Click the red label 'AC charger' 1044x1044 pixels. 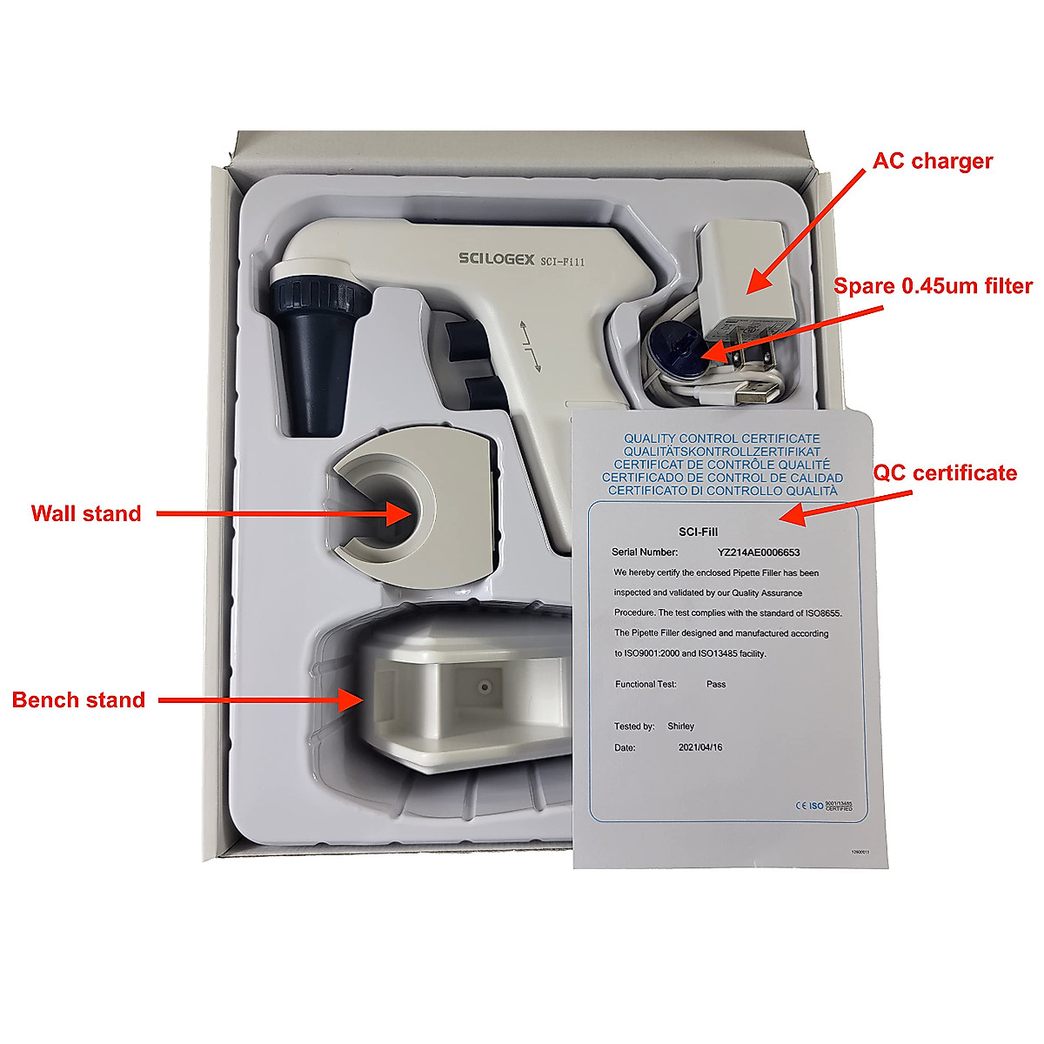point(933,161)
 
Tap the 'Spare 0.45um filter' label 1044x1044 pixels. point(933,286)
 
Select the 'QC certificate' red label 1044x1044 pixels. point(945,473)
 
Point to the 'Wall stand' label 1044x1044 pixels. point(86,513)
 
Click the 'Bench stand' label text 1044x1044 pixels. point(78,699)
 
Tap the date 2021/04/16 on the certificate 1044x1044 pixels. point(699,747)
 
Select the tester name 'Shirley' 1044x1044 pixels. point(680,726)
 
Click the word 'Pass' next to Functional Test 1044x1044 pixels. point(716,684)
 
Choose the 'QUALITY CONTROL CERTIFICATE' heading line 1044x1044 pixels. point(721,438)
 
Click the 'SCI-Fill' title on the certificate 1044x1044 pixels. point(698,532)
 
